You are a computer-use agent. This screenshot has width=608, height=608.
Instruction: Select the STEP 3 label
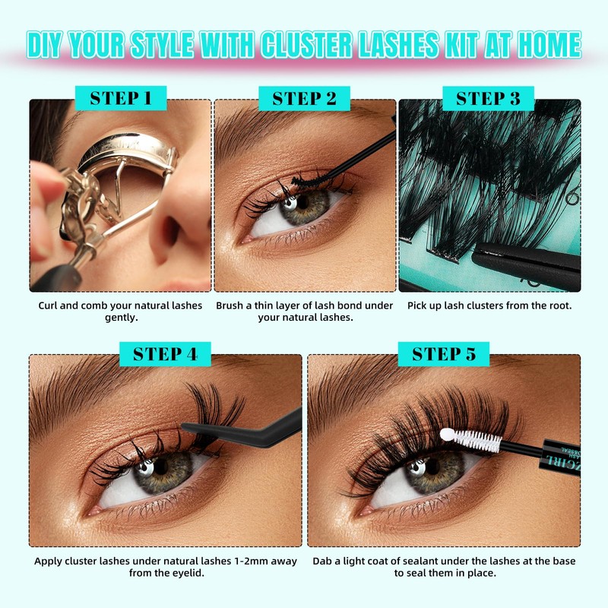(x=488, y=98)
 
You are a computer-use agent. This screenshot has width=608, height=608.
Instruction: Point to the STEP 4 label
(x=165, y=353)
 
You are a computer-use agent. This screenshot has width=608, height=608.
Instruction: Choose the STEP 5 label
(x=444, y=353)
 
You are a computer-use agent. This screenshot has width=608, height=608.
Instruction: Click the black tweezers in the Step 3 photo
(x=524, y=262)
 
